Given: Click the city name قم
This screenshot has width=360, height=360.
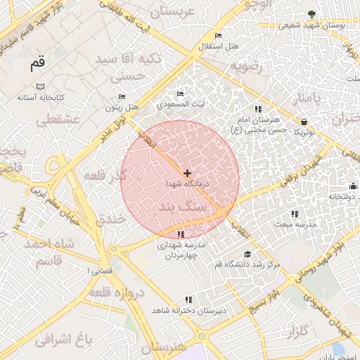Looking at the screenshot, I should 37,64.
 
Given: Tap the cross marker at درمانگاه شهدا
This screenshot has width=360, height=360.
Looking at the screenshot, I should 187,173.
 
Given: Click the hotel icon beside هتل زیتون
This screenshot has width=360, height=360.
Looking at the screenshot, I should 122,96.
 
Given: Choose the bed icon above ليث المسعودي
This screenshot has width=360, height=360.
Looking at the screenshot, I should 181,94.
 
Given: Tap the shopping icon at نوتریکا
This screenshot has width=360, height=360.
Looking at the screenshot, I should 304,121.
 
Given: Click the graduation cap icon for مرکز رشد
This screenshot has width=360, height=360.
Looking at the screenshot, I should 247,255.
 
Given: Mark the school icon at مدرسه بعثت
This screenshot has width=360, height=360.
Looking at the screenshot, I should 295,214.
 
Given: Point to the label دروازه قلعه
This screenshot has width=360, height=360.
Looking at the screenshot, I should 118,292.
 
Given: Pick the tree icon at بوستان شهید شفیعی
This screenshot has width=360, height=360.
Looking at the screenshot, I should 312,14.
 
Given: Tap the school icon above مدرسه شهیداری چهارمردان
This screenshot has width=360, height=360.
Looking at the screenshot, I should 181,234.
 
